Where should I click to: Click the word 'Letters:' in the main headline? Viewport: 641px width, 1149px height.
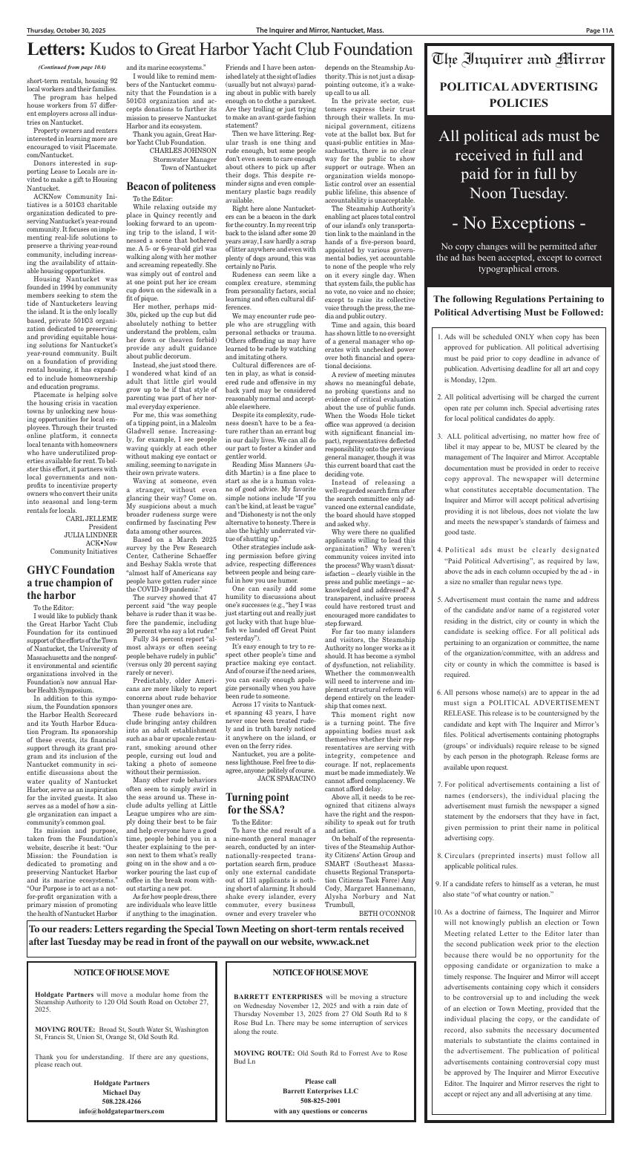pyautogui.click(x=56, y=50)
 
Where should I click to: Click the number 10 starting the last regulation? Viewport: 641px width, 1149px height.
pyautogui.click(x=438, y=911)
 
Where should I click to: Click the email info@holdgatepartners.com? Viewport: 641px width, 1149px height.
pyautogui.click(x=122, y=1111)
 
